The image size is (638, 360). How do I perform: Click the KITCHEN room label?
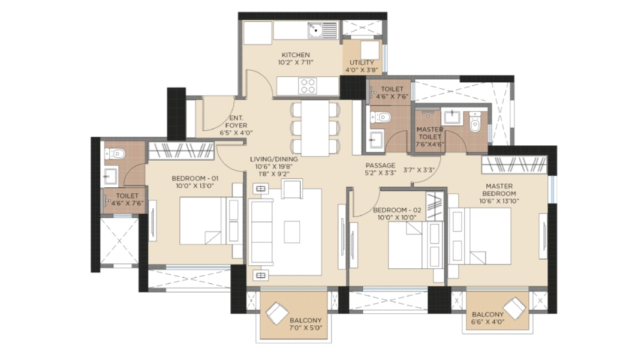tap(296, 55)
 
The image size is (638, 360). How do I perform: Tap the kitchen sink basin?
tap(315, 30)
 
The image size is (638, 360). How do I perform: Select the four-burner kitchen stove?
tap(307, 86)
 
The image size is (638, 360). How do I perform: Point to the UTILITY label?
tap(362, 62)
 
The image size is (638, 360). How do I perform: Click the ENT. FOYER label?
tap(236, 121)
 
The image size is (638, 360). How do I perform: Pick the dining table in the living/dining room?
tap(315, 128)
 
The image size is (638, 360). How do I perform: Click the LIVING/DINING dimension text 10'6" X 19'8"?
tap(273, 166)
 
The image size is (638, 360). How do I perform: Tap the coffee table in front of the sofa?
tap(292, 232)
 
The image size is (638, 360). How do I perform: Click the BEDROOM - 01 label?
tap(195, 178)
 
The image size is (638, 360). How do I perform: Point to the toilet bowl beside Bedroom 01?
tap(115, 154)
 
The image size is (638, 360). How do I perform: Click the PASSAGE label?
tap(380, 166)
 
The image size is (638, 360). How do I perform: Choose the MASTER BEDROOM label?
tap(499, 190)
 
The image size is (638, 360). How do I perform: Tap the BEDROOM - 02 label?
tap(397, 210)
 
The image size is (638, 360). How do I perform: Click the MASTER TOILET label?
tap(430, 133)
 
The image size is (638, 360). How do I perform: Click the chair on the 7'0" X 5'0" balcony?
tap(277, 313)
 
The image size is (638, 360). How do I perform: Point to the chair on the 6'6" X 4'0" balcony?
tap(514, 309)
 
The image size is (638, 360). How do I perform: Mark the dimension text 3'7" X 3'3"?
tap(419, 170)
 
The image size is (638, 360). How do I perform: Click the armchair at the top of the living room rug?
tap(292, 188)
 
